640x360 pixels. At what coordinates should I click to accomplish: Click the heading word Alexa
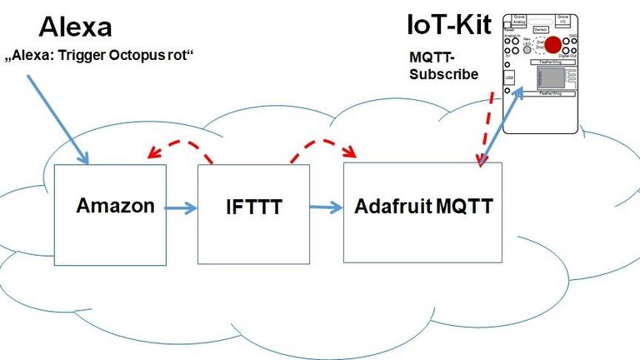click(75, 27)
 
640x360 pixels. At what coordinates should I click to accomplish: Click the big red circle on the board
click(557, 46)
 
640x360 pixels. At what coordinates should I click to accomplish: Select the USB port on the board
click(509, 77)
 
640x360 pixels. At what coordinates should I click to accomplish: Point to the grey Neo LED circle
click(528, 49)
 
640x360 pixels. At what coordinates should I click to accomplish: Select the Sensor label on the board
click(541, 28)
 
